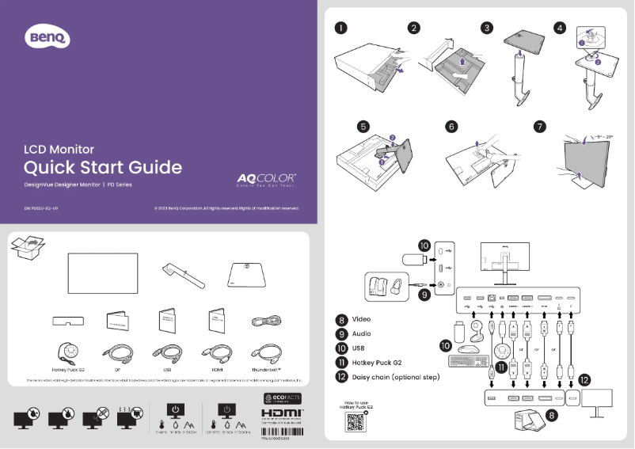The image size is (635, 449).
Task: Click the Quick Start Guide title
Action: tap(103, 167)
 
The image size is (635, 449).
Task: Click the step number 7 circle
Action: tap(540, 126)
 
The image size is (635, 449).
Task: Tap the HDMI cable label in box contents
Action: tap(216, 369)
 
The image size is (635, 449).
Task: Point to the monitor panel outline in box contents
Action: tap(103, 272)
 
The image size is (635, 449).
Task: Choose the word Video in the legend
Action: tap(361, 320)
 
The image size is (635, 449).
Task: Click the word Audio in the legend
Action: tap(361, 334)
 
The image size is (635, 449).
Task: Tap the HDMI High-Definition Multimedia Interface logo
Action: tap(282, 413)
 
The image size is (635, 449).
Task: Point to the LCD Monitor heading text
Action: tap(59, 148)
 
